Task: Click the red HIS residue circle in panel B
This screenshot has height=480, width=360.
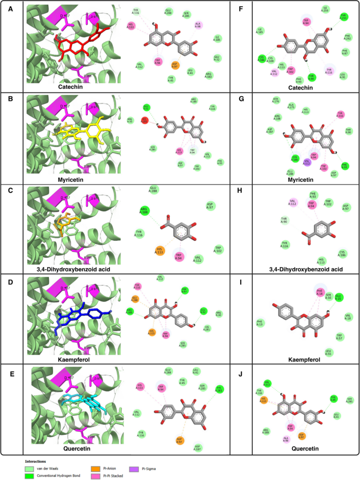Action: [145, 120]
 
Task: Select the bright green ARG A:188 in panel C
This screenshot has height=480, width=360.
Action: [143, 211]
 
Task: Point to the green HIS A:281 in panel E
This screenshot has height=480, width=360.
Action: [220, 389]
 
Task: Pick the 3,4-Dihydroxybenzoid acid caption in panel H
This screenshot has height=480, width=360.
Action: [305, 269]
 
